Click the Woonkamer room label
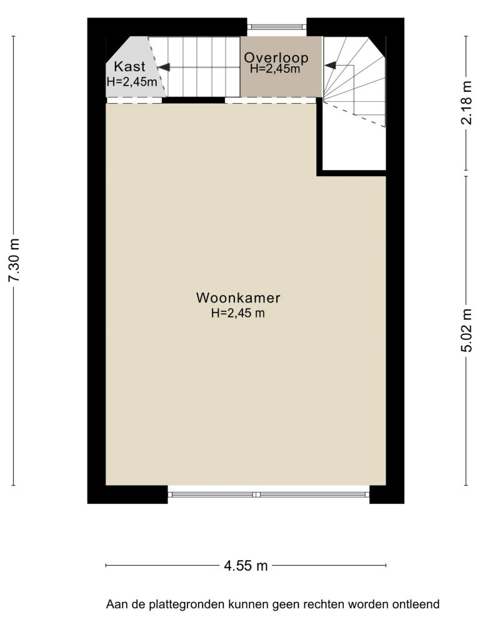coord(238,297)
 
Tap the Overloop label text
coord(276,57)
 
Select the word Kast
coord(129,66)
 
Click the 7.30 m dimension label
coord(14,260)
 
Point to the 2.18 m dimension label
coord(466,102)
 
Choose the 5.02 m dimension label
coord(466,330)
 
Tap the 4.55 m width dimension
coord(246,566)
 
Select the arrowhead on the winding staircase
coord(330,65)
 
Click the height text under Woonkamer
coord(238,313)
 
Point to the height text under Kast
coord(132,82)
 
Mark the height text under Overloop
coord(275,69)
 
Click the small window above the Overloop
coord(277,27)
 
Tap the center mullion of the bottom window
coord(256,494)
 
